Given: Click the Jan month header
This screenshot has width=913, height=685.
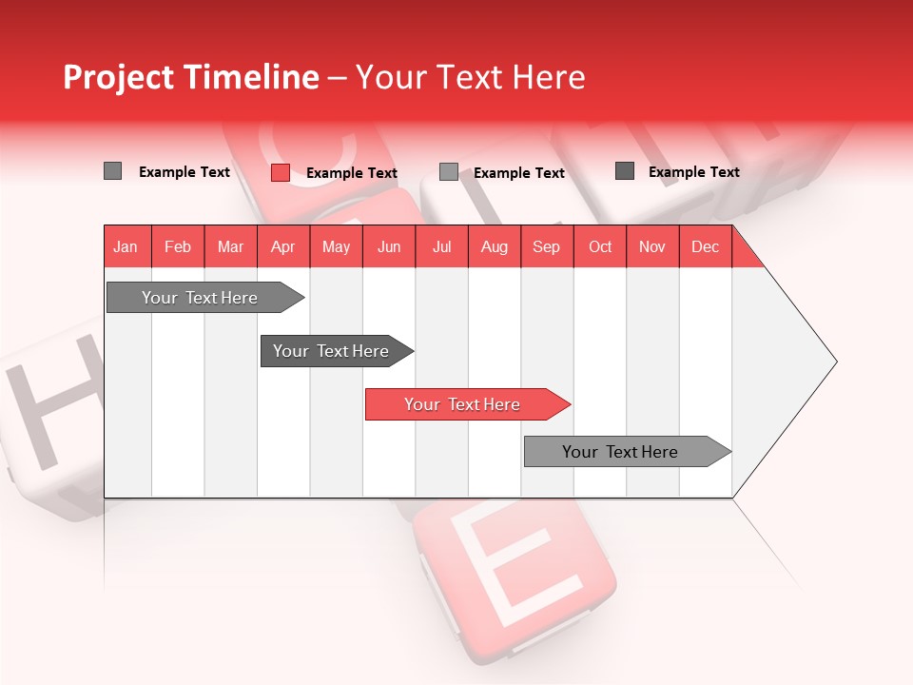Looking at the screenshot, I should click(x=126, y=246).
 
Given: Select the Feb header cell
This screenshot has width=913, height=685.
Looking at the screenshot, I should click(x=178, y=246).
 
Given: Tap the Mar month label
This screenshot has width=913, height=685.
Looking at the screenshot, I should click(x=230, y=246).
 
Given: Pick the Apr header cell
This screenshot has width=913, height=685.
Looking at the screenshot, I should click(x=283, y=246).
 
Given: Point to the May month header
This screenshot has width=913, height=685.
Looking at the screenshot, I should click(x=336, y=246).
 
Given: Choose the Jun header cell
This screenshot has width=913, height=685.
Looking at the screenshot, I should click(x=389, y=246).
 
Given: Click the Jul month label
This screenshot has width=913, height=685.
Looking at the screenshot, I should click(x=441, y=246).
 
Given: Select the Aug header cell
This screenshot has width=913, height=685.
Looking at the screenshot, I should click(x=495, y=246).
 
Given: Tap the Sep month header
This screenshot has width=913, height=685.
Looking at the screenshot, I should click(x=547, y=246).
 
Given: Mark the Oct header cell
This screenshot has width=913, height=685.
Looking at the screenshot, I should click(x=600, y=246).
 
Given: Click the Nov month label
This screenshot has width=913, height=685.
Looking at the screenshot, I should click(x=652, y=246).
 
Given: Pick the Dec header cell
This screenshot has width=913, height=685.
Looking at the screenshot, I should click(x=706, y=246).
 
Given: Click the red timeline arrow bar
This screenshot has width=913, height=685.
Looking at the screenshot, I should click(x=466, y=404).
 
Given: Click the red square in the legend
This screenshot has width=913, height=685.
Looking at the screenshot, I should click(x=281, y=172).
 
